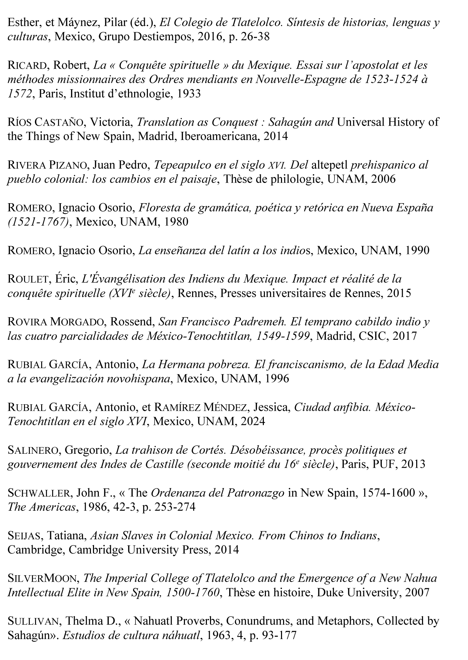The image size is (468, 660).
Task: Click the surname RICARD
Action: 27,65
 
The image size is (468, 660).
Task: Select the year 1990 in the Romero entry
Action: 417,250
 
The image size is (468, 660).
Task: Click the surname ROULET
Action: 28,279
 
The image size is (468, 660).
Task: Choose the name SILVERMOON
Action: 44,578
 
